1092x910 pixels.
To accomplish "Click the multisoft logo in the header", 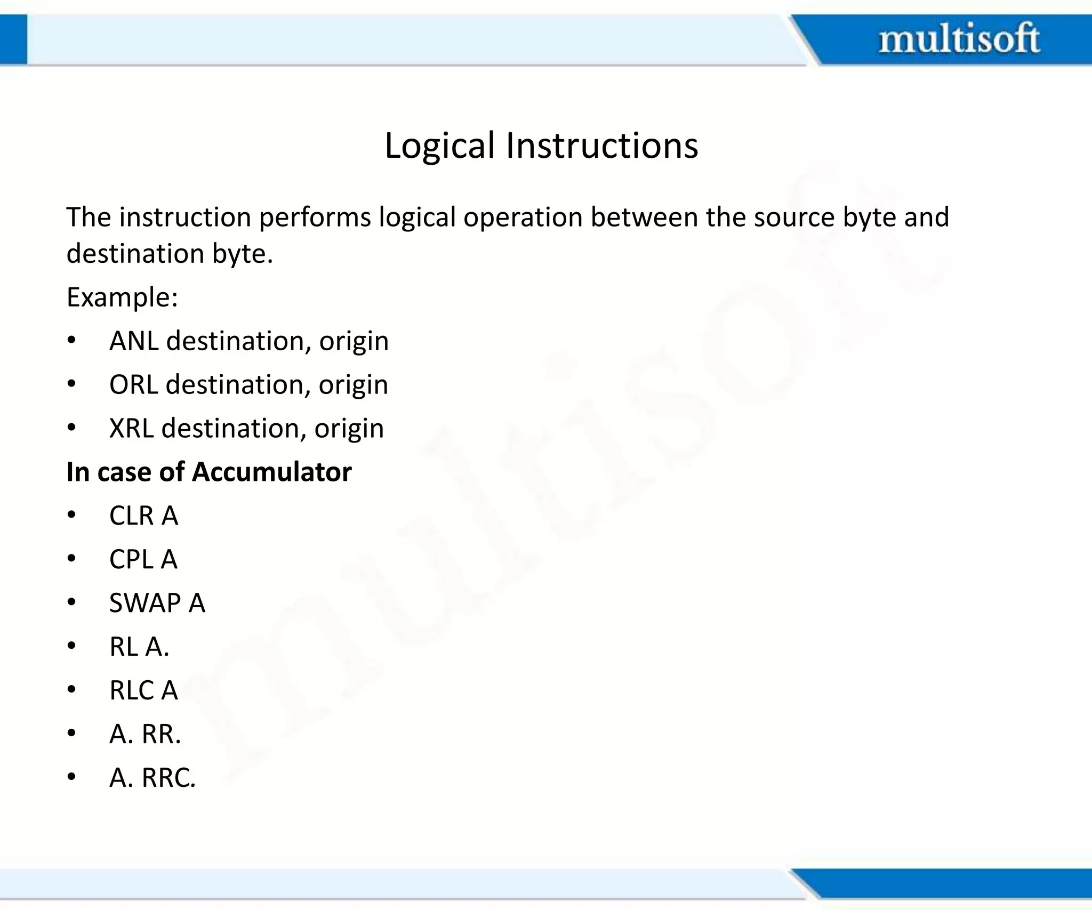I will (959, 38).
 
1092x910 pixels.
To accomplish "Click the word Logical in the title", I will (440, 146).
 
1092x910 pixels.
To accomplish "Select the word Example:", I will (122, 297).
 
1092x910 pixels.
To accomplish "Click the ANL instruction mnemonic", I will (134, 341).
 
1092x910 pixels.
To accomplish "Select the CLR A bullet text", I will (143, 516).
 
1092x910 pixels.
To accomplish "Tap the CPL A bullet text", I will (143, 559).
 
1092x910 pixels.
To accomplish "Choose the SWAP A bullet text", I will (157, 603).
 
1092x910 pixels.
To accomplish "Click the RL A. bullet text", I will (139, 647).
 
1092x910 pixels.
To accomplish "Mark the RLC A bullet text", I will (143, 690).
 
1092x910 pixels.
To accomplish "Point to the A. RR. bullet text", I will (145, 734).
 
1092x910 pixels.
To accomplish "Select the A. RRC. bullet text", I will (152, 778).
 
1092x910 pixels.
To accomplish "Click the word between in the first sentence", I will (644, 217).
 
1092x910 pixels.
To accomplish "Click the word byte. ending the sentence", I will (243, 254).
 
